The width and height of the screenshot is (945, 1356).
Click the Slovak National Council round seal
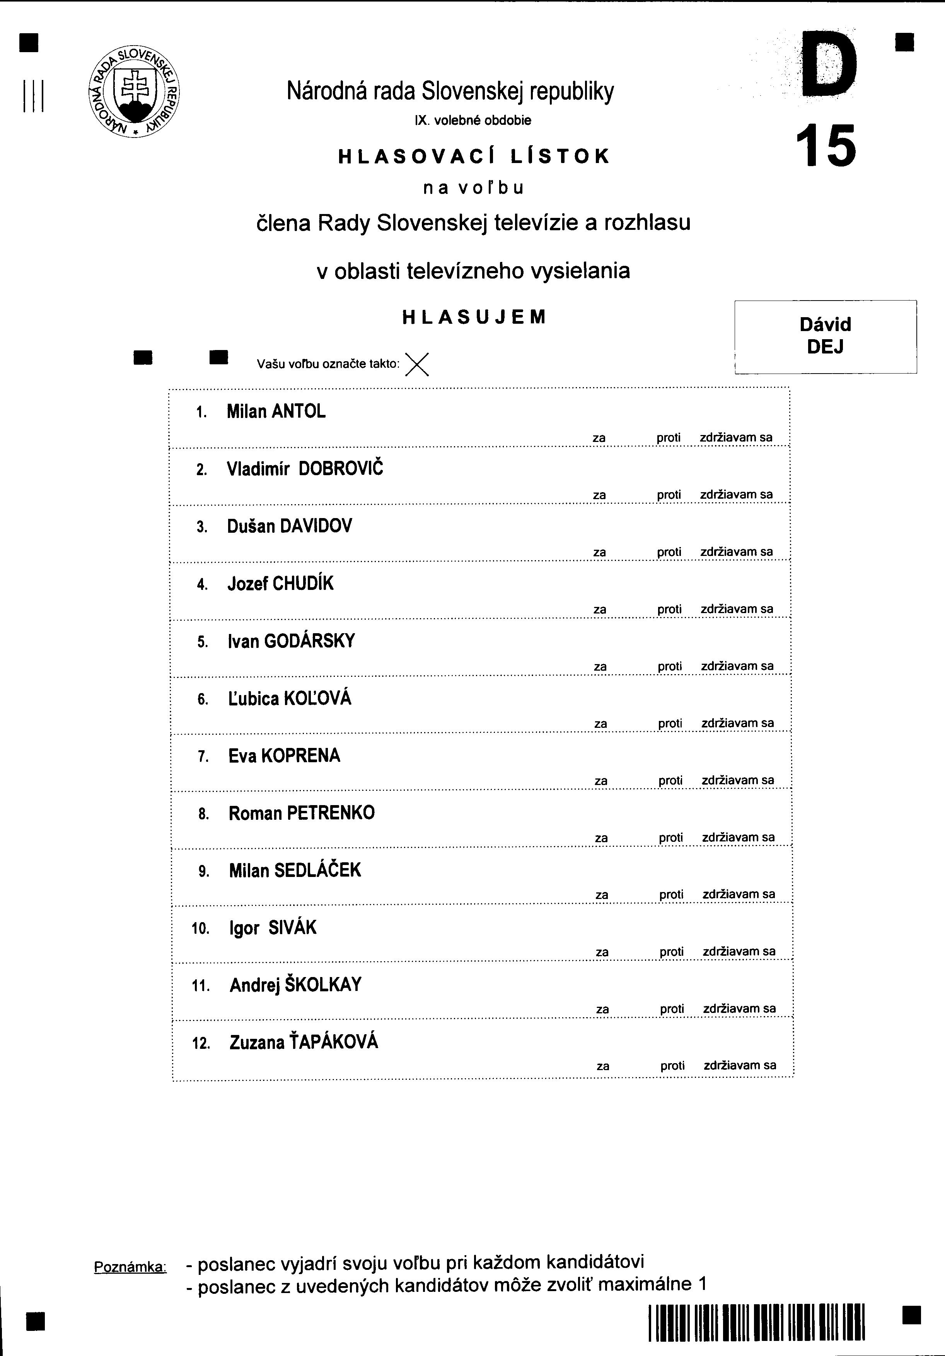click(x=135, y=92)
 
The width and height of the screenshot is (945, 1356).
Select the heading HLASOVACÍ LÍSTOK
click(x=473, y=156)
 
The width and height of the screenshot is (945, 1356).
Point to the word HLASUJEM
click(x=474, y=318)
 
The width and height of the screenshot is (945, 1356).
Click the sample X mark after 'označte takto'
click(x=417, y=364)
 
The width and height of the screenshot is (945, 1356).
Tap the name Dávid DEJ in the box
click(x=825, y=335)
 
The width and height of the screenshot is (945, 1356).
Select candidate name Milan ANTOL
click(x=276, y=412)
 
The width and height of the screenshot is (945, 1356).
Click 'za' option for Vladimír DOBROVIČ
click(x=599, y=495)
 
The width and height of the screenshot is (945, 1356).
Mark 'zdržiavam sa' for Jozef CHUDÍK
click(x=737, y=609)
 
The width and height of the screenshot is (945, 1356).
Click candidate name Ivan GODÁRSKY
click(x=292, y=641)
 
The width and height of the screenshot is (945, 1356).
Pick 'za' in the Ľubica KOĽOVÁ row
click(x=600, y=724)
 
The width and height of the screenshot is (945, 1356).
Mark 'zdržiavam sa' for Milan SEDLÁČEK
click(x=739, y=894)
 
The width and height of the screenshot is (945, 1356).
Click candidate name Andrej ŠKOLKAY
click(x=295, y=985)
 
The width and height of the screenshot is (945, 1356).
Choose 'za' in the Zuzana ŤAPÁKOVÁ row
click(x=603, y=1066)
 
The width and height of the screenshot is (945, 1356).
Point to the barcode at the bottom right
click(x=756, y=1322)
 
